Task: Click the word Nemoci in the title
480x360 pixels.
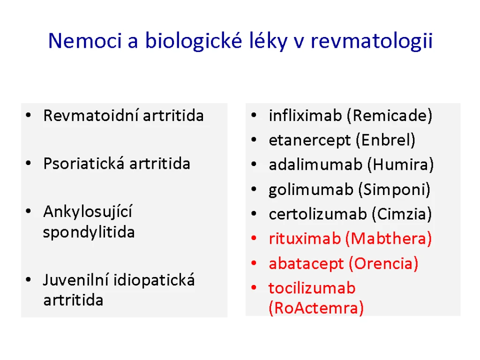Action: [85, 41]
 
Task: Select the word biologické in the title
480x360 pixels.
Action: [194, 41]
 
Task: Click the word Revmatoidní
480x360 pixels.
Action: [91, 116]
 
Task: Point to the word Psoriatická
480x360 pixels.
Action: [84, 164]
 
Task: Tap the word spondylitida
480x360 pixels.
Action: [89, 232]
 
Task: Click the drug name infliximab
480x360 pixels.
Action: [305, 115]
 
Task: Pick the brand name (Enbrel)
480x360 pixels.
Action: [385, 140]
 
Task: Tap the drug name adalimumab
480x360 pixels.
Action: [315, 165]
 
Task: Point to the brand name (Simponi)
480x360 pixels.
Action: [394, 190]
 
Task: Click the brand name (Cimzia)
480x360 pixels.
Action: [402, 214]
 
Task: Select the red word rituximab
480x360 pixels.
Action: [305, 239]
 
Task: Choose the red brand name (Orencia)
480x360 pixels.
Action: [383, 263]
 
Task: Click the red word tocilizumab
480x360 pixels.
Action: [312, 288]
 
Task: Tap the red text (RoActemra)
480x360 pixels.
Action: [316, 308]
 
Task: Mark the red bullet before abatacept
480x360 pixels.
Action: [254, 263]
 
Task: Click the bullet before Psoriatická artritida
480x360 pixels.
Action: [29, 163]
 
